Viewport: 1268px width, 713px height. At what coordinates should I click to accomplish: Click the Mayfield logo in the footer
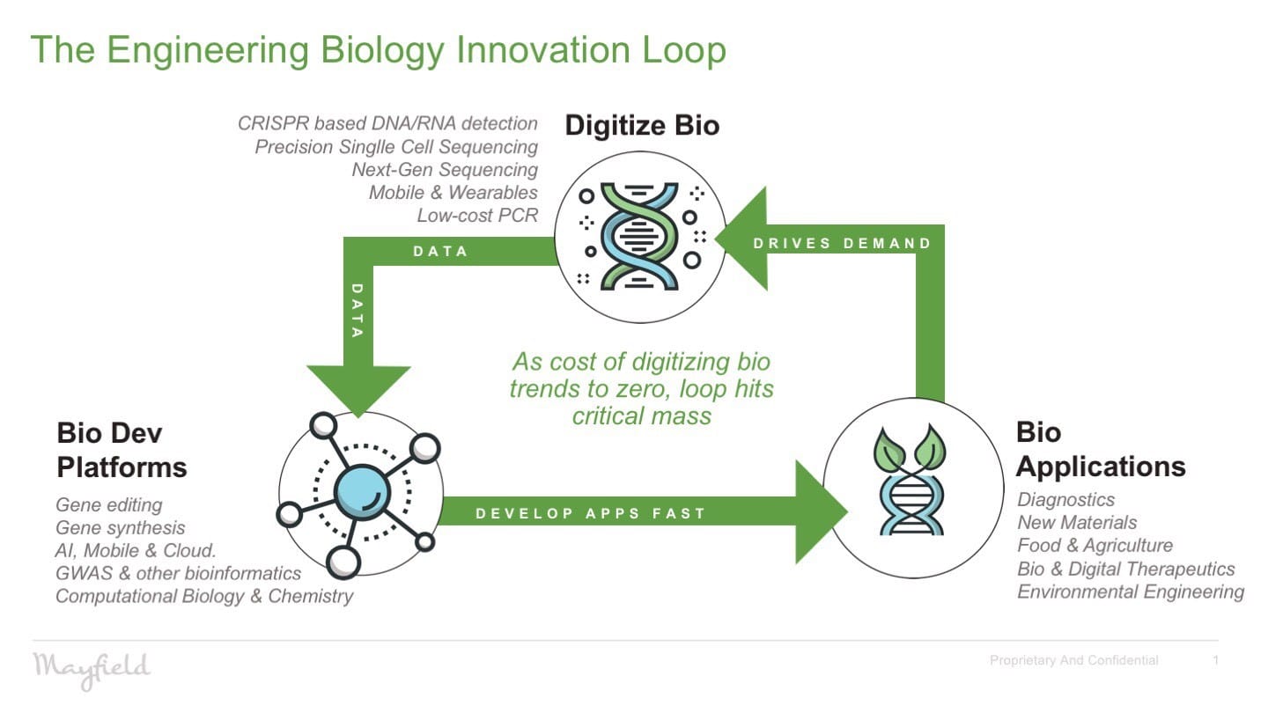[x=92, y=665]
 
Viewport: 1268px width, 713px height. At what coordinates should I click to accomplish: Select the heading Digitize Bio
[x=642, y=125]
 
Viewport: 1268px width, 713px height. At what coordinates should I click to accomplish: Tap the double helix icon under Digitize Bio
[x=640, y=237]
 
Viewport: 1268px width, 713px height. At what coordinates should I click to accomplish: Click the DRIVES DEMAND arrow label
[x=842, y=243]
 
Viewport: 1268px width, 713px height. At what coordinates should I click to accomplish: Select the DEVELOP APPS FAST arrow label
[x=591, y=513]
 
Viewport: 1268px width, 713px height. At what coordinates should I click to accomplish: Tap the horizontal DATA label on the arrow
[x=441, y=252]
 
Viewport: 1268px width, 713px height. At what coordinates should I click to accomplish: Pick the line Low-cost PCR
[x=477, y=215]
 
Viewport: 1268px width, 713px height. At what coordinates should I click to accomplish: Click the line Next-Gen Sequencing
[x=445, y=169]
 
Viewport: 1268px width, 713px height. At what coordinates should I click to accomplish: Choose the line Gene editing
[x=109, y=505]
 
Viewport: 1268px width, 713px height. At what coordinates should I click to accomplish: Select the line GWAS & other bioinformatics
[x=178, y=574]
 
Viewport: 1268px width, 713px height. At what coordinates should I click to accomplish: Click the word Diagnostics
[x=1065, y=500]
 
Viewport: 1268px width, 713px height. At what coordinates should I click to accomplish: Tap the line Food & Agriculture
[x=1095, y=546]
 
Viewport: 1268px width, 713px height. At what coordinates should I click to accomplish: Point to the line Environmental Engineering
[x=1131, y=592]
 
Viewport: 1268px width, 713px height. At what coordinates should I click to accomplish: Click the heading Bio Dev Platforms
[x=122, y=449]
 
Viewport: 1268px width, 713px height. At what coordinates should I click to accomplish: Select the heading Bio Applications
[x=1101, y=449]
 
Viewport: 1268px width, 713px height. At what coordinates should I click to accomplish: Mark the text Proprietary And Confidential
[x=1074, y=660]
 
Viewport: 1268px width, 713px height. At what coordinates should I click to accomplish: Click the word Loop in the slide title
[x=680, y=50]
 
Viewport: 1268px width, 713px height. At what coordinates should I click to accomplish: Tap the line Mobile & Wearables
[x=453, y=192]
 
